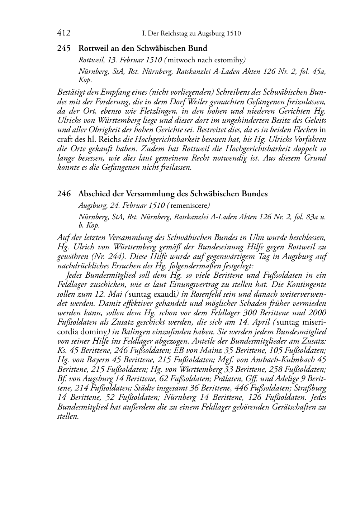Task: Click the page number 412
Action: (63, 33)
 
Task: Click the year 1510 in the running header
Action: (233, 34)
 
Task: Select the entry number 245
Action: (63, 48)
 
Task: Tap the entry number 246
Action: (63, 194)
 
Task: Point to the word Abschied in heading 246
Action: (93, 194)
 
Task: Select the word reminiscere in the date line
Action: (190, 206)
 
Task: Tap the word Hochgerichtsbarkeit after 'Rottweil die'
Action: (258, 148)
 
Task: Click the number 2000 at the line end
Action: (317, 312)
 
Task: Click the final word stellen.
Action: (68, 416)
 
